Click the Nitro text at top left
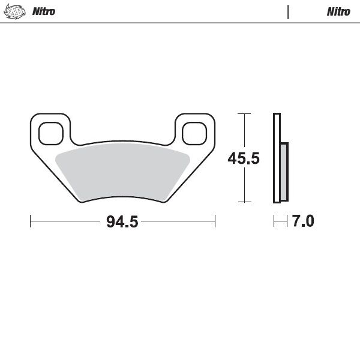(x=43, y=11)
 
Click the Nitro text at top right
(x=338, y=11)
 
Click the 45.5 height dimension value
(x=243, y=158)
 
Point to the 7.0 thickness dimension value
(x=302, y=221)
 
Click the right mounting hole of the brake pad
(x=194, y=133)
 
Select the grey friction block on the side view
(x=284, y=172)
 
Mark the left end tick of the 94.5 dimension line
(x=31, y=221)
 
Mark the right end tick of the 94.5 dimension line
(x=215, y=221)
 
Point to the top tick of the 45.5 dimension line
(x=243, y=113)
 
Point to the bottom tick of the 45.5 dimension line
(x=243, y=202)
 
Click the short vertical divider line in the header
(x=288, y=11)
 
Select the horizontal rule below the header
(x=180, y=23)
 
